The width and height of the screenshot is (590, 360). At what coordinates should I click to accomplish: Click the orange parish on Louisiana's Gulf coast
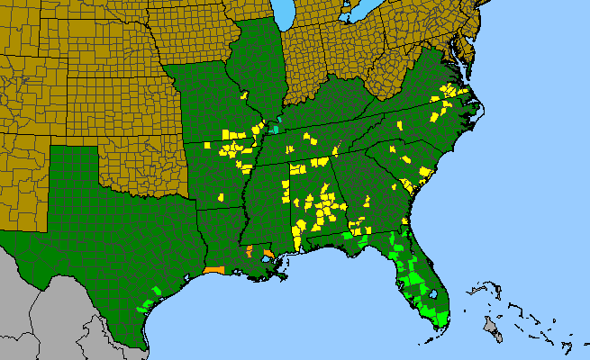(213, 268)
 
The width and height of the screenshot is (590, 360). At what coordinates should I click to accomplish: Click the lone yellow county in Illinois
(244, 93)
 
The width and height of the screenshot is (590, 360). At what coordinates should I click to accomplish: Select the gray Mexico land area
(54, 306)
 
